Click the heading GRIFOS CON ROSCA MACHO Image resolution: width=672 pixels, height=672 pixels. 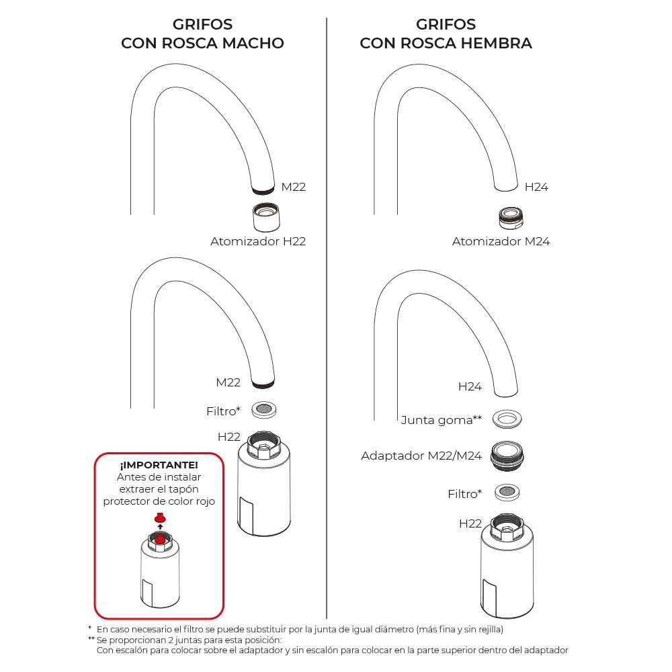(202, 34)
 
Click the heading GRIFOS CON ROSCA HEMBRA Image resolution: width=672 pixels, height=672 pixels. (446, 34)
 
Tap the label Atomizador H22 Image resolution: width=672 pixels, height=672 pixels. (258, 241)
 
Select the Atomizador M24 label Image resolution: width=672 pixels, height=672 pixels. (501, 241)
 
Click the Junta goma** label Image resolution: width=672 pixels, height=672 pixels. (442, 420)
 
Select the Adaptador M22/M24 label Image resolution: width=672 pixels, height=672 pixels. (421, 456)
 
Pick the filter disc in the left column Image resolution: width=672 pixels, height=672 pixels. (265, 409)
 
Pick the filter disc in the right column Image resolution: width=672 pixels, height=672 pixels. (507, 493)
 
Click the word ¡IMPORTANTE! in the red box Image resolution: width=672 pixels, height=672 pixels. (159, 465)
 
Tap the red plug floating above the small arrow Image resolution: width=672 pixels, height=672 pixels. (159, 517)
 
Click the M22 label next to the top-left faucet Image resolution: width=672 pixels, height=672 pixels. (293, 187)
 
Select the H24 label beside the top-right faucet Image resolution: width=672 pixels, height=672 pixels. (536, 187)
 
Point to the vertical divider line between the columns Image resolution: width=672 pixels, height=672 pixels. (327, 316)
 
